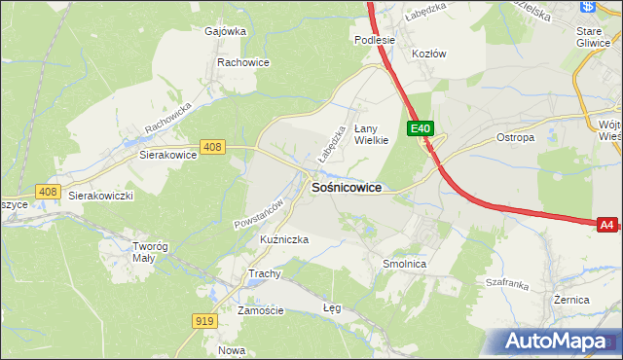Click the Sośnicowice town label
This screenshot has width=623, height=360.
pyautogui.click(x=346, y=187)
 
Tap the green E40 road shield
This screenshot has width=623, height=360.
pyautogui.click(x=420, y=128)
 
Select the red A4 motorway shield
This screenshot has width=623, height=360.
pyautogui.click(x=606, y=225)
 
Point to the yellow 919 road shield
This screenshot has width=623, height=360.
pyautogui.click(x=204, y=321)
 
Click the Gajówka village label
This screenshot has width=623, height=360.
pyautogui.click(x=225, y=30)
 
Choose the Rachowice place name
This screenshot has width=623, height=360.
pyautogui.click(x=242, y=62)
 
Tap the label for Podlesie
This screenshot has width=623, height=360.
pyautogui.click(x=375, y=40)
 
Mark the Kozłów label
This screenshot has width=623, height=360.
pyautogui.click(x=428, y=54)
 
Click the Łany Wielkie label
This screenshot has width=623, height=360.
pyautogui.click(x=371, y=133)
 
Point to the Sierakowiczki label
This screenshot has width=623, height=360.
pyautogui.click(x=100, y=196)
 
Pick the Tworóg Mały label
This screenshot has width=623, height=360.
pyautogui.click(x=151, y=252)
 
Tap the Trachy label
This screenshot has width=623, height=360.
pyautogui.click(x=264, y=273)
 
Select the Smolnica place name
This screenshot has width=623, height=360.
pyautogui.click(x=405, y=264)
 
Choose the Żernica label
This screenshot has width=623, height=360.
pyautogui.click(x=571, y=300)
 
